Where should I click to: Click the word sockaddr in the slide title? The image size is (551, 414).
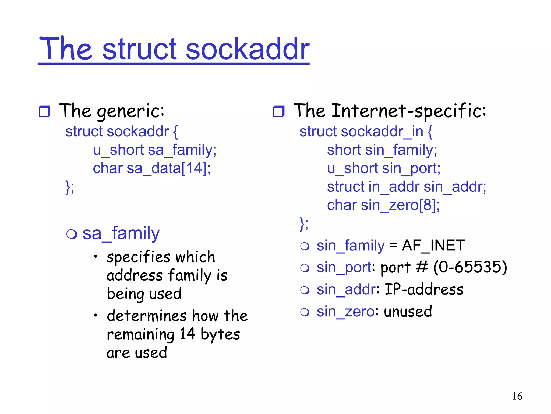point(248,49)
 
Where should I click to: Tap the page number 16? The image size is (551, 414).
point(517,396)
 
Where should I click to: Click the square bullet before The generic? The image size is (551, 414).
point(44,111)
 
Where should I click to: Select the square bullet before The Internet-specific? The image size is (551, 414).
point(278,111)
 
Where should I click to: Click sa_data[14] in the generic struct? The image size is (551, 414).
point(168,168)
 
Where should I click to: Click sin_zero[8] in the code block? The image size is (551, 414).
point(400,205)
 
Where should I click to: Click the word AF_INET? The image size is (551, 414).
point(433,246)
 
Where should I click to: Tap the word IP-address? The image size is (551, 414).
point(424,289)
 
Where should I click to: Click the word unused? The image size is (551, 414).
point(408,312)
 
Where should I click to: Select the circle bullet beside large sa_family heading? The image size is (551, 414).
point(72,234)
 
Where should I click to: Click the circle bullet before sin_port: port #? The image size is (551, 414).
point(305,268)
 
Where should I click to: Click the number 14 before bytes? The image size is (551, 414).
point(187,334)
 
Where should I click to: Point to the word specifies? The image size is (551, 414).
point(138,257)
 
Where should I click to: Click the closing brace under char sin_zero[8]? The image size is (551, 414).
point(302,223)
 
